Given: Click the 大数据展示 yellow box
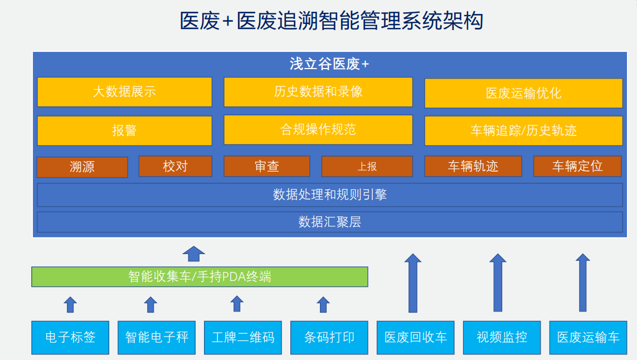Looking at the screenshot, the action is coord(125,92).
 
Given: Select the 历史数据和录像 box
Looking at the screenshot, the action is coord(318,92).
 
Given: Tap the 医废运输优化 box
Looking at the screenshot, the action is coord(524,94).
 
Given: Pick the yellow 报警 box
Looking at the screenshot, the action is coord(125,131).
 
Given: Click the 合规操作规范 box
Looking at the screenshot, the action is coord(318,130).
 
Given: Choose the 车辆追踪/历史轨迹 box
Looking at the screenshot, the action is coord(524,131).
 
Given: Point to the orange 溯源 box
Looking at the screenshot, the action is coord(82,167).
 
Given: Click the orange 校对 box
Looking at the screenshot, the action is coord(176,166).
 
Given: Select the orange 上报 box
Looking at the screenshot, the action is coord(367,167).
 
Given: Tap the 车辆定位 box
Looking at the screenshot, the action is coord(577,166).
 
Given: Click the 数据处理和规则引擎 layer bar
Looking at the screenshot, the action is coord(330,194).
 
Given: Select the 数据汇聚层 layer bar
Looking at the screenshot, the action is coord(330,222).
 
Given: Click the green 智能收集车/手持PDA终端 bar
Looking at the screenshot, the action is coord(200,277).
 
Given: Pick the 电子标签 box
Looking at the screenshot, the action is coord(70,338).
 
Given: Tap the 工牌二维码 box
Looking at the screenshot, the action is coord(243,338).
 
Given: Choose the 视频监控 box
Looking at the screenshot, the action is coord(502,338).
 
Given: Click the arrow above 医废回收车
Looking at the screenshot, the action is coord(413,283).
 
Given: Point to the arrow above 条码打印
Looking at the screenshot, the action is coord(323,305).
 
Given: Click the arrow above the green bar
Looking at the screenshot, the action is coord(194,254).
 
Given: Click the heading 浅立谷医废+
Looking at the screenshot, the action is coord(329,64).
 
